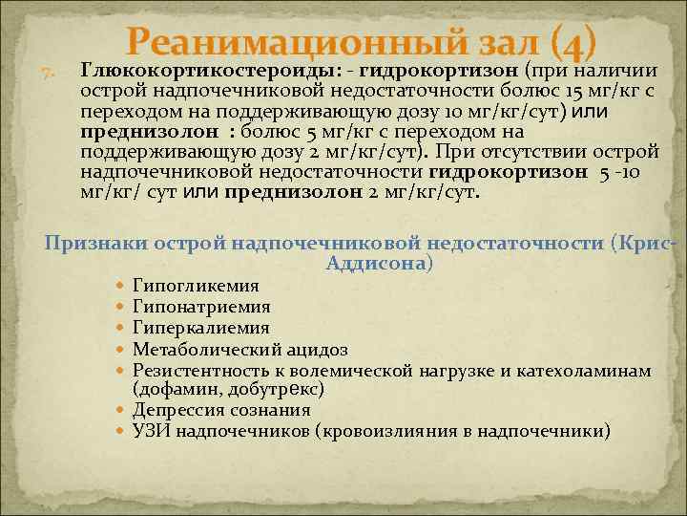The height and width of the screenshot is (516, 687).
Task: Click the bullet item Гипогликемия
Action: coord(196,286)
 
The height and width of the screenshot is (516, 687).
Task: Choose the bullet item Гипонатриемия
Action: coord(201,307)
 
